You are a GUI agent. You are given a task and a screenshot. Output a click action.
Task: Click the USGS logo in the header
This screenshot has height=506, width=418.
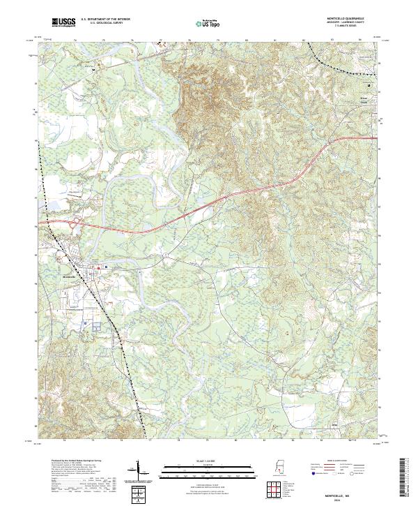tap(64, 23)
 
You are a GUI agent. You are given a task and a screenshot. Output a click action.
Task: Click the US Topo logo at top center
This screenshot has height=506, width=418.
tap(207, 24)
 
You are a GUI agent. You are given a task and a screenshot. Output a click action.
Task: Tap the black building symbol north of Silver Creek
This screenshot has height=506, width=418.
tap(370, 85)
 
